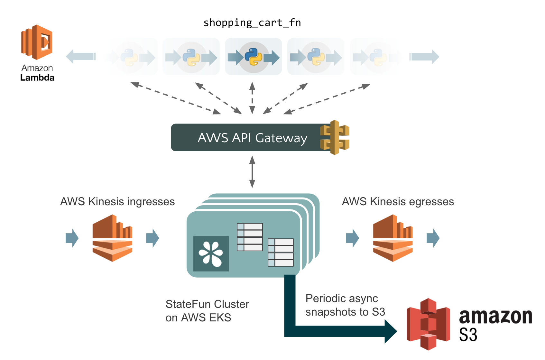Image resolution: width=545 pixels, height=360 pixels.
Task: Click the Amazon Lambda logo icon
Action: click(37, 42)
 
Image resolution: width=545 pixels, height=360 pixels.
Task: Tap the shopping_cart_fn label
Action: click(252, 23)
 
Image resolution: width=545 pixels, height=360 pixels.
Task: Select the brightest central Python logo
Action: click(253, 57)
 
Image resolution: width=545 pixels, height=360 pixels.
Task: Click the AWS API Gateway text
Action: click(252, 138)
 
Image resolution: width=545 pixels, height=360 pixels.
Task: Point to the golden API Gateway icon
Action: click(335, 137)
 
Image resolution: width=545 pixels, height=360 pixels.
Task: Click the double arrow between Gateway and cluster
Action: click(252, 172)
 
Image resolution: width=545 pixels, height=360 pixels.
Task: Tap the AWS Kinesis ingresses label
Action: click(117, 202)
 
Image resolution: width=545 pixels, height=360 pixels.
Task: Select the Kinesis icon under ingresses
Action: click(112, 238)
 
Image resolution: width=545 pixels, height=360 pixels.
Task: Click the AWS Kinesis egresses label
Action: click(398, 202)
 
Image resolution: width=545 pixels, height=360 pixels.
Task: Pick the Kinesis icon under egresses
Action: click(393, 238)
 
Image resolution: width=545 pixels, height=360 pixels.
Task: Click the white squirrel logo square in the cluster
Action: click(211, 254)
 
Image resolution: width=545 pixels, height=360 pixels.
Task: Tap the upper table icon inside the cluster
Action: click(250, 237)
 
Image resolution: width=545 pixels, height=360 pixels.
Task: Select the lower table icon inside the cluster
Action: click(281, 253)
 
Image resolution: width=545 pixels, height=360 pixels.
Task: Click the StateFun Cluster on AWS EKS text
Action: click(207, 311)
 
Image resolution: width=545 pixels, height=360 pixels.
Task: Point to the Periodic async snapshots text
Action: click(345, 305)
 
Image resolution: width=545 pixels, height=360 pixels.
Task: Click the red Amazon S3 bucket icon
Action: click(428, 324)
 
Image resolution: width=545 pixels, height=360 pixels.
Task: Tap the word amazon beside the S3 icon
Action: click(495, 317)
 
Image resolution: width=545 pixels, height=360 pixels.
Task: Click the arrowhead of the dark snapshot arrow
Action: click(391, 331)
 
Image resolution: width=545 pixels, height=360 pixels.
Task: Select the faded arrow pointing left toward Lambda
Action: click(81, 57)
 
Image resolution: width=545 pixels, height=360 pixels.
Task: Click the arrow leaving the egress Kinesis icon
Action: click(433, 238)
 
